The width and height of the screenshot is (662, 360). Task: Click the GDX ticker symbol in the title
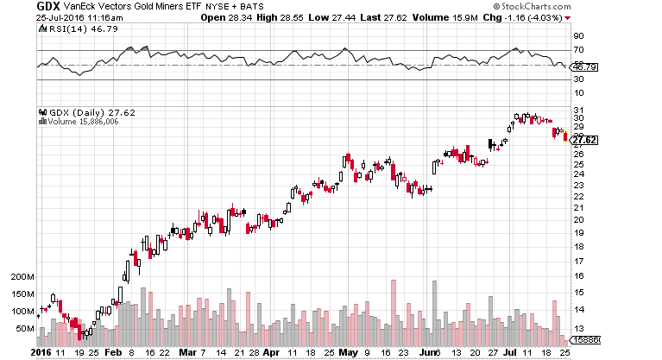coord(46,6)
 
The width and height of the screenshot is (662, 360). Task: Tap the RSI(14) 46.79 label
coord(73,28)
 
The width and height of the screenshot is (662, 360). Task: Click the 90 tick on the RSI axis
coord(579,36)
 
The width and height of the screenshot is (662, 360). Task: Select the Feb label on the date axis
coord(112,353)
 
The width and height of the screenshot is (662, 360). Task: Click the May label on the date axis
coord(348,353)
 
